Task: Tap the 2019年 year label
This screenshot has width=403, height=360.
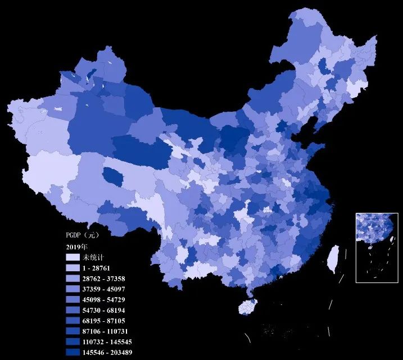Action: [77, 247]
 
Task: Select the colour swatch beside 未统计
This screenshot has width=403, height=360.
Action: [73, 257]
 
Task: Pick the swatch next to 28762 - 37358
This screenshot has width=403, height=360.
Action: [73, 278]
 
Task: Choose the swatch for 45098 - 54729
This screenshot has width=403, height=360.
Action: [73, 299]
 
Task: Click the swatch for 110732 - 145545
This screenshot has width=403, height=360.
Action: [73, 341]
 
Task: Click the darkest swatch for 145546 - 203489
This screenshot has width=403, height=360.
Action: [73, 352]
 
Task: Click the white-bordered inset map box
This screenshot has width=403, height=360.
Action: [377, 247]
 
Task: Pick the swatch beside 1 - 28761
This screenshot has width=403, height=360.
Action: [73, 267]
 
